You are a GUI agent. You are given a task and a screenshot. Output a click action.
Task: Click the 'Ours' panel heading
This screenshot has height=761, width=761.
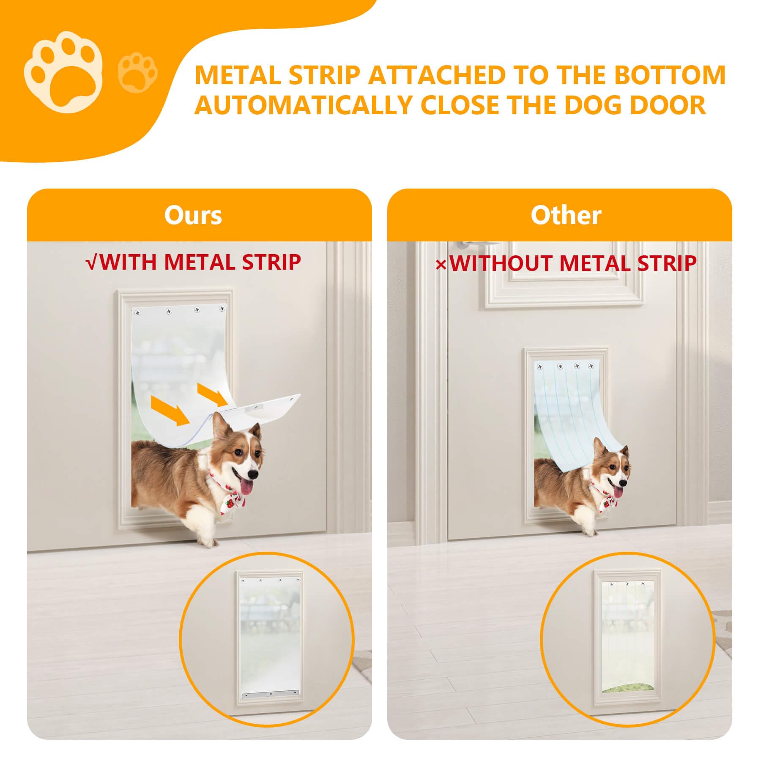click(193, 215)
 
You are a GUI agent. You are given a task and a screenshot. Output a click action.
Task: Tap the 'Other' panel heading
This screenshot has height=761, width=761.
click(566, 215)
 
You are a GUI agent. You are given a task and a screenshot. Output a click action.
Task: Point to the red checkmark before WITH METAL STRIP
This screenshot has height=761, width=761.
click(92, 263)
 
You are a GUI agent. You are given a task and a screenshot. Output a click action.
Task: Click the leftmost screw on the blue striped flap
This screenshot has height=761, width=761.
click(539, 367)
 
